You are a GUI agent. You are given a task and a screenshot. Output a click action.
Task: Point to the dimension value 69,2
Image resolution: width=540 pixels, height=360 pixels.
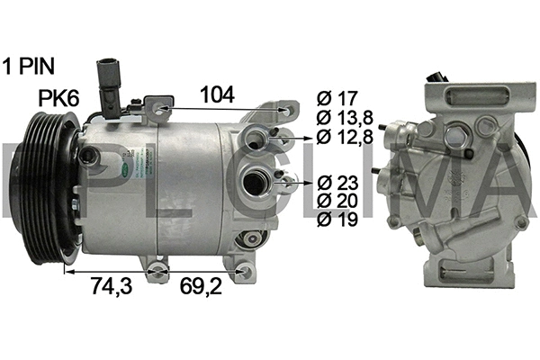click(201, 286)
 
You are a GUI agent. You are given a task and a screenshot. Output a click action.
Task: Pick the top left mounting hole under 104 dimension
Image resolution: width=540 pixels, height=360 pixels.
click(161, 111)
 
